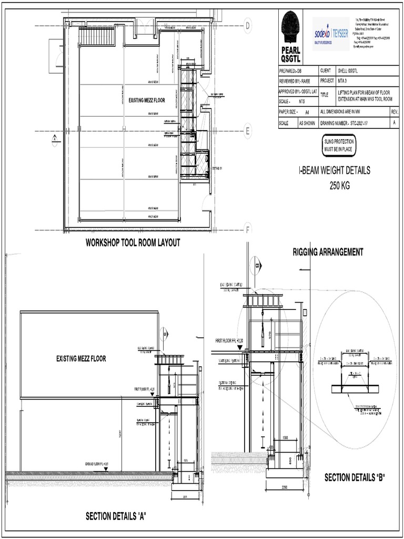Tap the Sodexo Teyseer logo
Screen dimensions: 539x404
[331, 33]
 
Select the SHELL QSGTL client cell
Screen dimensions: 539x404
[349, 71]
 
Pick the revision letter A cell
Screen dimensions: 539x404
[394, 123]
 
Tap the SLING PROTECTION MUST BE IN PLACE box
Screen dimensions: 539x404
[338, 146]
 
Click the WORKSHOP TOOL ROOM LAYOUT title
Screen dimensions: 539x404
[133, 243]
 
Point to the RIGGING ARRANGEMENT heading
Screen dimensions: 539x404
[328, 252]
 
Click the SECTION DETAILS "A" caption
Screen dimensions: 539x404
[116, 516]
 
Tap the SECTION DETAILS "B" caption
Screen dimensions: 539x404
[355, 478]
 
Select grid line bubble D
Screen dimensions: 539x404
[247, 24]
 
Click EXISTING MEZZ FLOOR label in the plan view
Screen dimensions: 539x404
[147, 100]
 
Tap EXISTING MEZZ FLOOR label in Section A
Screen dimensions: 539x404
[81, 359]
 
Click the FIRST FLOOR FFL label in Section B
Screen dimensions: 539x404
[228, 341]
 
